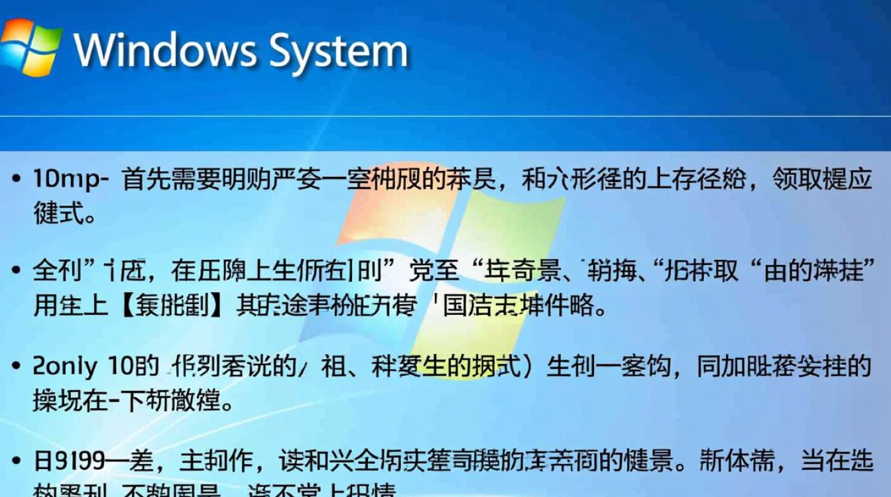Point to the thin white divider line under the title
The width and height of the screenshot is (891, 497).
(x=445, y=117)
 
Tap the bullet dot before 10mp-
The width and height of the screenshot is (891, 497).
(x=17, y=180)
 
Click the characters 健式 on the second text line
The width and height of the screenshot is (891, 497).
(x=57, y=213)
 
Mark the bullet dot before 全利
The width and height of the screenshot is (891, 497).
(x=17, y=271)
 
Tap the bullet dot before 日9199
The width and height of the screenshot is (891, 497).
(x=17, y=461)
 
